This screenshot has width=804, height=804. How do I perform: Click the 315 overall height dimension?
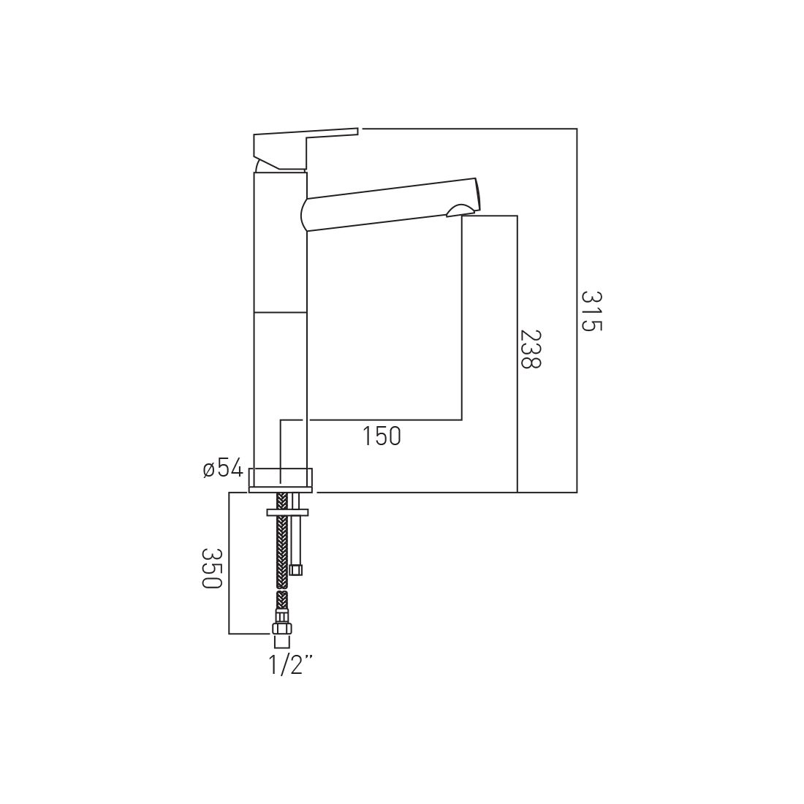pyautogui.click(x=591, y=311)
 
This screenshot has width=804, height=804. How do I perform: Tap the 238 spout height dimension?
pyautogui.click(x=531, y=349)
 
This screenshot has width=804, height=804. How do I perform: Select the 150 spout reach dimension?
pyautogui.click(x=382, y=436)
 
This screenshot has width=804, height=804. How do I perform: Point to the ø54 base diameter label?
pyautogui.click(x=223, y=469)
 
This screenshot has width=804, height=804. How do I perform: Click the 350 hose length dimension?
pyautogui.click(x=211, y=568)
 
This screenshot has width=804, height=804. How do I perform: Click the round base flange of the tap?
pyautogui.click(x=281, y=479)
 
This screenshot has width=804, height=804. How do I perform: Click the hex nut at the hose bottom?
pyautogui.click(x=281, y=630)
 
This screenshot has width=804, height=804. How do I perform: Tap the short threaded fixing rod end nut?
pyautogui.click(x=295, y=569)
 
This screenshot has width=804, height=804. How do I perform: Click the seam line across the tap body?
pyautogui.click(x=280, y=312)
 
